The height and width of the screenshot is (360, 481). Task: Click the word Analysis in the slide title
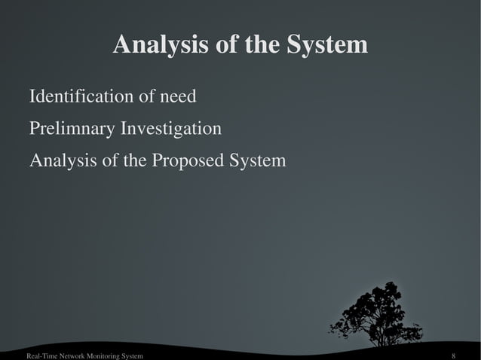tap(154, 46)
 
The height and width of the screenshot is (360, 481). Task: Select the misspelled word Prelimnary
tap(72, 130)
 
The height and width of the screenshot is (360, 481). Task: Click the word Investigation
tap(171, 130)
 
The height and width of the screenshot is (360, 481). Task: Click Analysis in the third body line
tap(59, 161)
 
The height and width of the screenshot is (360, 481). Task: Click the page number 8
tap(453, 355)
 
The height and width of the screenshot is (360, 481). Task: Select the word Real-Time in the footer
tap(42, 355)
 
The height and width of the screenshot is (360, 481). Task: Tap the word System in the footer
tap(133, 355)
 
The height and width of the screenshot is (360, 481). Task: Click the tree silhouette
tap(377, 313)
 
